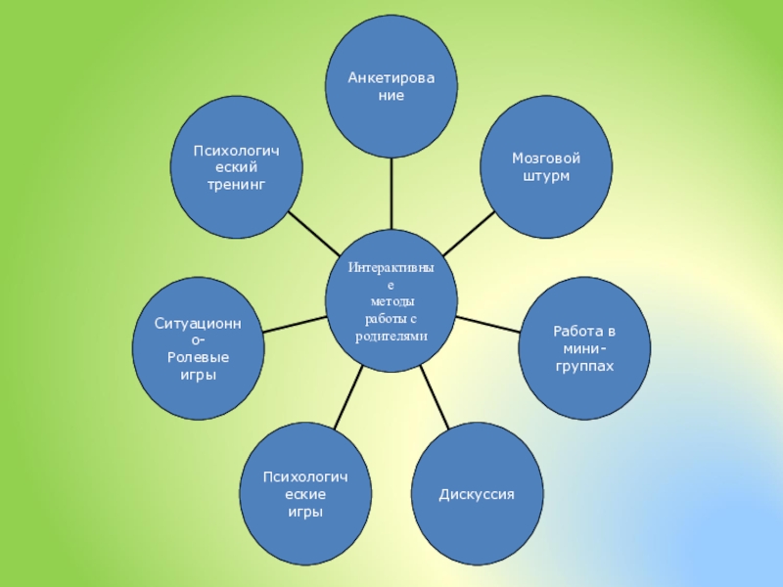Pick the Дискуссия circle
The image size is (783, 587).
476,494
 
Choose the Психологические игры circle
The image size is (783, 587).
305,494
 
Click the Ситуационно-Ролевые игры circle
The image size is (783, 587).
199,348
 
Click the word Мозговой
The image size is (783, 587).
546,158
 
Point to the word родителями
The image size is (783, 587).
391,336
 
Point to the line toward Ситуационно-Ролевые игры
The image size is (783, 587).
294,323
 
